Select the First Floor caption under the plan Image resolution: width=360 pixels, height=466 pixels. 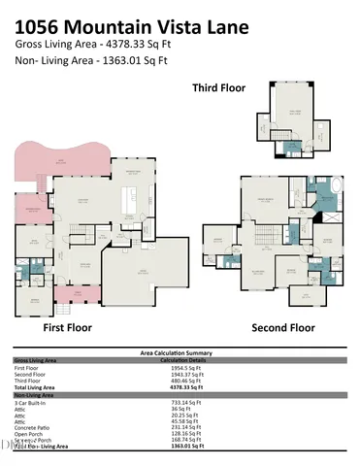pos(67,327)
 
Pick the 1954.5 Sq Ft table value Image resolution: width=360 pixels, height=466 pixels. pos(184,369)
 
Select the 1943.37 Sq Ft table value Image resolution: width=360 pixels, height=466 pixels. pos(185,375)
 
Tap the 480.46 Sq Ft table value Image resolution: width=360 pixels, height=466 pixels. pos(184,382)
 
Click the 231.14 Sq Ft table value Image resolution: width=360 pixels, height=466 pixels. pos(184,426)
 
